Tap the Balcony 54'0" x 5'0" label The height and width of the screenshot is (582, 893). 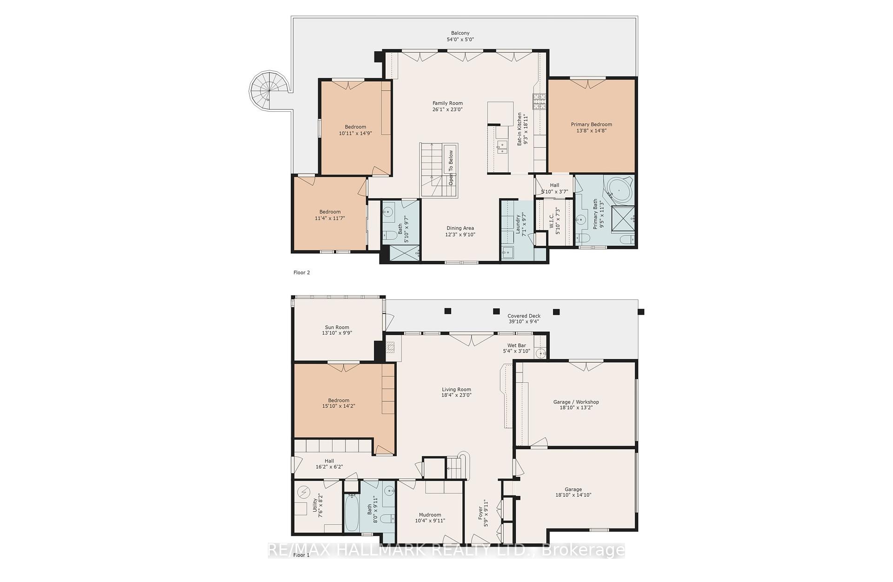(460, 36)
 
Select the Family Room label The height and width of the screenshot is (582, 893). (447, 106)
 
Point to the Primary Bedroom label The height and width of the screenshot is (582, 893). (591, 127)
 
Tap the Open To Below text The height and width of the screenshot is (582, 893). (451, 168)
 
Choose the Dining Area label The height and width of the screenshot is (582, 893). (460, 231)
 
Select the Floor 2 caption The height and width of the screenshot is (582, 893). (301, 272)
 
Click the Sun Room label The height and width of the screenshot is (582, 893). (337, 330)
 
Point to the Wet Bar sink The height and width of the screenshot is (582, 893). (540, 353)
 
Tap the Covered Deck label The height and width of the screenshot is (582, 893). (524, 318)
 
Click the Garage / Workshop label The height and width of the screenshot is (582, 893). (576, 405)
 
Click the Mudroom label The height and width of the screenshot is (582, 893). (430, 517)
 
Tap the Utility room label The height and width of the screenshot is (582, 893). (317, 506)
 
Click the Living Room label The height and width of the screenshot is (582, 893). (456, 392)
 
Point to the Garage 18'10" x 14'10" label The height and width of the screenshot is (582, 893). (573, 492)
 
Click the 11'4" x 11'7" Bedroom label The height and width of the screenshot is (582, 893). (330, 215)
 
